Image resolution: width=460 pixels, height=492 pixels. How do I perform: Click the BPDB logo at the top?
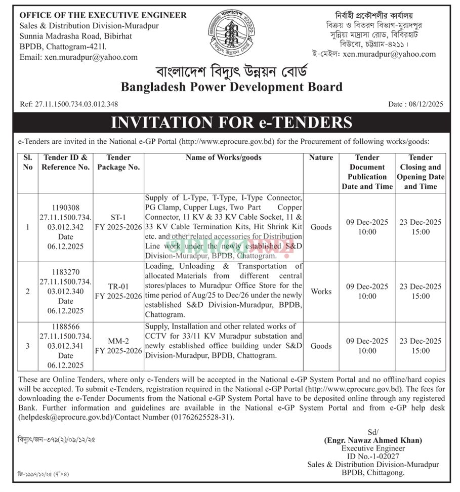[x=231, y=33]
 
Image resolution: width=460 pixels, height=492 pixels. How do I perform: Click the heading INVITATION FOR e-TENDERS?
[x=231, y=122]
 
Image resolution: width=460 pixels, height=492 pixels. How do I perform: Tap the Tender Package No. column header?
[x=118, y=162]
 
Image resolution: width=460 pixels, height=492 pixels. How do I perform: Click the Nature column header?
[x=321, y=158]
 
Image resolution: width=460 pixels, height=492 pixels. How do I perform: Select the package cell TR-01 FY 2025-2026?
[x=118, y=291]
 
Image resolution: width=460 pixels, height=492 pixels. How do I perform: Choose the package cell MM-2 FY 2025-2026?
[x=118, y=346]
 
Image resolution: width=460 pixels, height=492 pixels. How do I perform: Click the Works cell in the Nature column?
[x=321, y=292]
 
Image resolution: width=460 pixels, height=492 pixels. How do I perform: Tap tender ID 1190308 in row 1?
[x=65, y=208]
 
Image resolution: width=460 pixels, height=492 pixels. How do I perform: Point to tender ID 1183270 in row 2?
[x=65, y=272]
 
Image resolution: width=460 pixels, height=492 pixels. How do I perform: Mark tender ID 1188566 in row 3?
[x=65, y=327]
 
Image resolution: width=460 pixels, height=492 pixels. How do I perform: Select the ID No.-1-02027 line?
[x=373, y=457]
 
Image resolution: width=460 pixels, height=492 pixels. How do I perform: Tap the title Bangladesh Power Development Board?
[x=231, y=87]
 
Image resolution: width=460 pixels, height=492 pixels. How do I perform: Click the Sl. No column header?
[x=28, y=162]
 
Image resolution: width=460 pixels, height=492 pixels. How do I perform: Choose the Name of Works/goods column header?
[x=224, y=158]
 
